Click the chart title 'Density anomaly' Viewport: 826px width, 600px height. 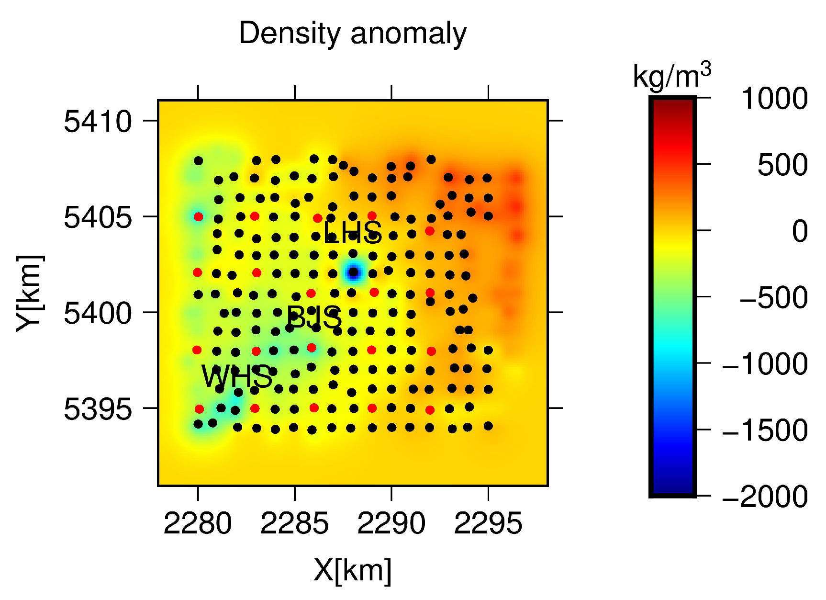(352, 34)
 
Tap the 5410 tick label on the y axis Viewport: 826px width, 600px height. (98, 121)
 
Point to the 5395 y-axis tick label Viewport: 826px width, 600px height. (98, 409)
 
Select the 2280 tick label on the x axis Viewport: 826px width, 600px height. (198, 523)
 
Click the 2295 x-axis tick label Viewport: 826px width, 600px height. (488, 523)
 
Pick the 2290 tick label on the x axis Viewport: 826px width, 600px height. (391, 523)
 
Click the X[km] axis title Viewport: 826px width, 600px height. (352, 570)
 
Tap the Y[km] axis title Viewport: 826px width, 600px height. (30, 293)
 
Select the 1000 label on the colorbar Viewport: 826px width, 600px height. (774, 99)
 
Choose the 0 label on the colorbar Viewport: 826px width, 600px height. (799, 231)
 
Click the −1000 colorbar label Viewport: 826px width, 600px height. (765, 363)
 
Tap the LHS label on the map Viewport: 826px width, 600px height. (353, 233)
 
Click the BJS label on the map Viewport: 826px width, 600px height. (314, 317)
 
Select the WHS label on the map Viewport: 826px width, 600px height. (237, 377)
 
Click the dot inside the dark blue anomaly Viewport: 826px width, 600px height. (353, 272)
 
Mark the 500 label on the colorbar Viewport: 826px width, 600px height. (782, 165)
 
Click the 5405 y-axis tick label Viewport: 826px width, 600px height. (98, 217)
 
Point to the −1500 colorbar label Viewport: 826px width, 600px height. (765, 430)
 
